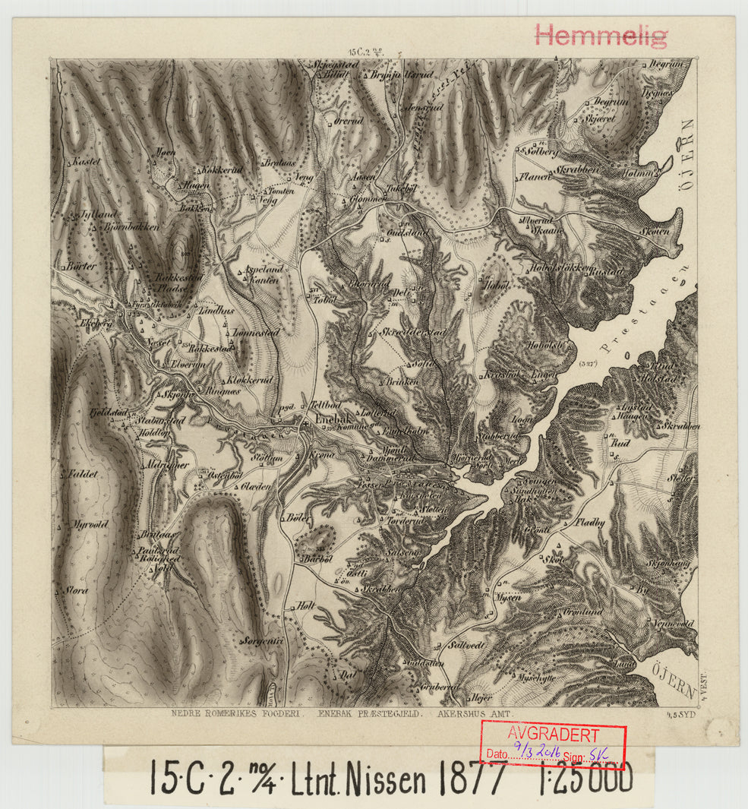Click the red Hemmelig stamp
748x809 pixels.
pos(601,35)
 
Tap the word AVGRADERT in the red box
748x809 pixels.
pos(553,735)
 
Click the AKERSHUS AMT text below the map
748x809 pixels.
pos(476,714)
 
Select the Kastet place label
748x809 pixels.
pos(87,163)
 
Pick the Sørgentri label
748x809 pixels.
pos(260,641)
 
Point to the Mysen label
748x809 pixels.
pos(508,598)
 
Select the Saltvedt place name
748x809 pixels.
pos(467,645)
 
